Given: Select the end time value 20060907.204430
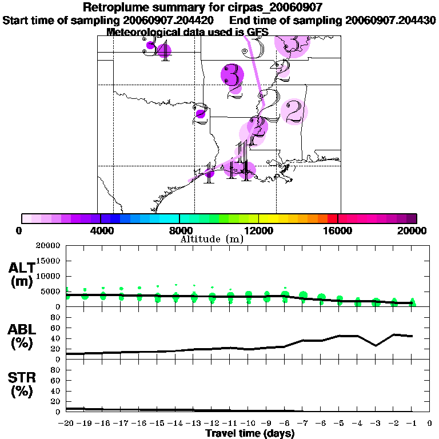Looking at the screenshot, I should click(390, 20).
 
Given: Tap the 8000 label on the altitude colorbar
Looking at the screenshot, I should click(179, 230).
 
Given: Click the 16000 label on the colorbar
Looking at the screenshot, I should click(338, 230).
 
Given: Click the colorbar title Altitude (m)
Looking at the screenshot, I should click(211, 239).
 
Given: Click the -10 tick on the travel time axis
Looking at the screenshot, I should click(248, 424).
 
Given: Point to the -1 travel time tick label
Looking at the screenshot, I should click(411, 424).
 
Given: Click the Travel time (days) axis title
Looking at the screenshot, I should click(250, 434).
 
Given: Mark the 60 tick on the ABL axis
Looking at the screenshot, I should click(57, 328).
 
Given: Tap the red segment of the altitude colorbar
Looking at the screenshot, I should click(333, 218).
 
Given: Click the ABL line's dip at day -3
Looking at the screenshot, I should click(375, 345).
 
